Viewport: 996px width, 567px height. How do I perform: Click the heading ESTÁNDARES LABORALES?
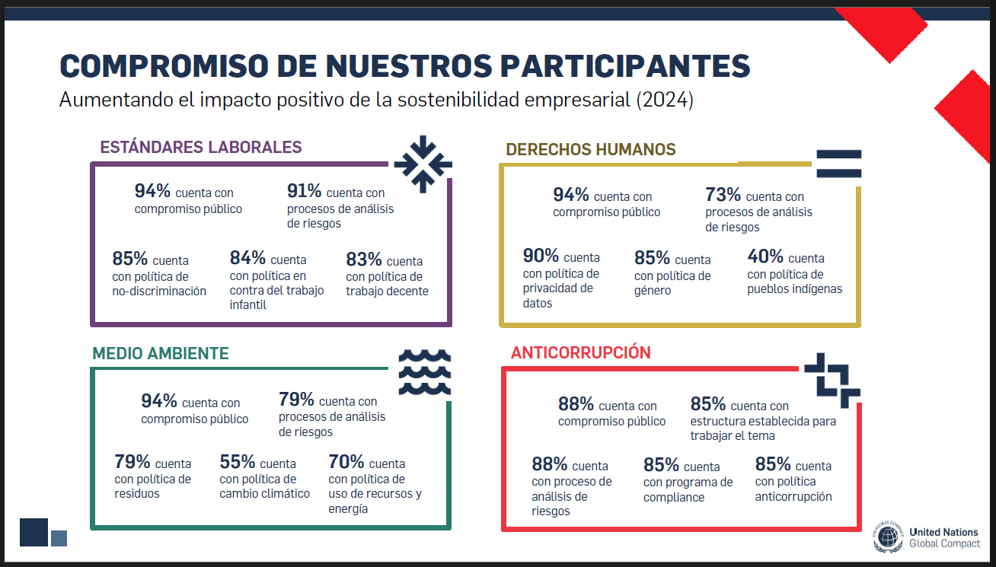coord(200,147)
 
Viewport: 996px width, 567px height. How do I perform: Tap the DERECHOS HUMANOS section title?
coord(590,149)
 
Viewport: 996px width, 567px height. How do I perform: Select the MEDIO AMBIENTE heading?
coord(161,353)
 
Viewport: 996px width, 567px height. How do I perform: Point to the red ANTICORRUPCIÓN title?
coord(580,352)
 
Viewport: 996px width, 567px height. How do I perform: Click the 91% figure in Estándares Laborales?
coord(304,191)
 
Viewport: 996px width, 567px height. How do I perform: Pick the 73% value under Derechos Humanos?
coord(723,195)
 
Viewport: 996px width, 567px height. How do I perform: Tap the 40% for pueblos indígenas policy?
coord(765,256)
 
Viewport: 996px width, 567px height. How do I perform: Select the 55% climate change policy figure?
coord(237,462)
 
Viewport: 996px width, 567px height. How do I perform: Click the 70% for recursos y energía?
coord(346,462)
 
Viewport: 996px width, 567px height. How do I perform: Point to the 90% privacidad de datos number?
coord(541,256)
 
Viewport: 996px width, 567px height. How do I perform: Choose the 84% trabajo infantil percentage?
coord(247,258)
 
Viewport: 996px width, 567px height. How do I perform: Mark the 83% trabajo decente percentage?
coord(364,260)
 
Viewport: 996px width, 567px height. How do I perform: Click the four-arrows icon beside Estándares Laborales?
coord(423,164)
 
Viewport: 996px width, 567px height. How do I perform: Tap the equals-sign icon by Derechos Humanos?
coord(839,164)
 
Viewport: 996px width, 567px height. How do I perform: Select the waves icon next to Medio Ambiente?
coord(425,372)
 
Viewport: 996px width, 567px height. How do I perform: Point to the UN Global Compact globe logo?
coord(888,537)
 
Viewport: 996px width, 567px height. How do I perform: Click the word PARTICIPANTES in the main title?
coord(625,66)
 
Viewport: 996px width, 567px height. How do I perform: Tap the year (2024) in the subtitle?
coord(665,100)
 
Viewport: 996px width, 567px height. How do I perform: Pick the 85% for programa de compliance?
coord(661,465)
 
